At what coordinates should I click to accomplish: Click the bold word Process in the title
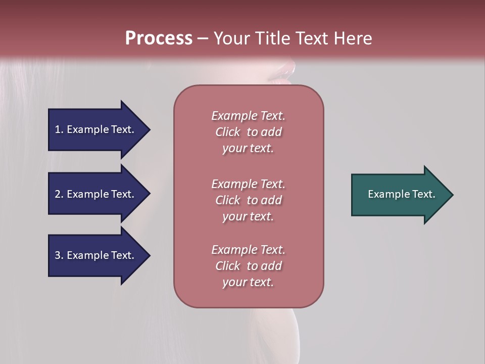point(159,38)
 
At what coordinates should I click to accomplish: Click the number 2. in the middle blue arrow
point(59,194)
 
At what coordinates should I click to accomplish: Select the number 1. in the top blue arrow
point(59,129)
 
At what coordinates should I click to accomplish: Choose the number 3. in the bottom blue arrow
point(59,255)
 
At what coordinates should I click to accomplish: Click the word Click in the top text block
point(228,132)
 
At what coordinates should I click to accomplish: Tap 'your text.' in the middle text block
point(248,216)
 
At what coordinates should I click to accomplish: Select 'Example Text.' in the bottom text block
point(248,250)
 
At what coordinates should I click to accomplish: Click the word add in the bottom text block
point(272,266)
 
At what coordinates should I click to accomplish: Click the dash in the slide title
point(203,39)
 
